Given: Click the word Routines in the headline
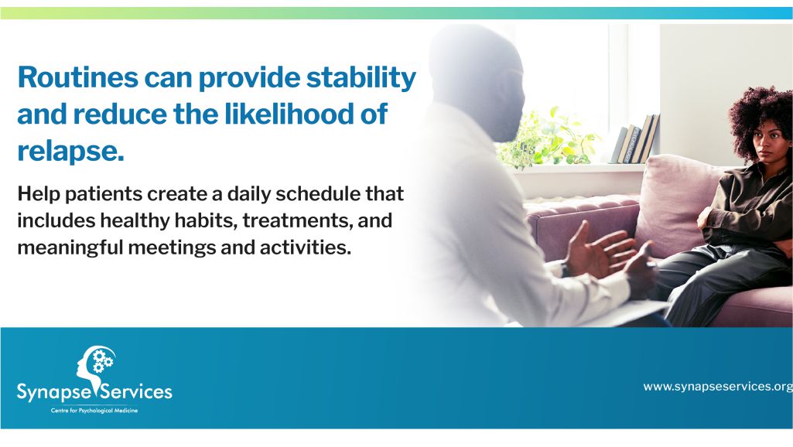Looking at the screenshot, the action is [x=78, y=77].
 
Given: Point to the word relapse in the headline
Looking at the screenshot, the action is [x=70, y=152].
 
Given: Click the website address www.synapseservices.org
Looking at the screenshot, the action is [x=718, y=387].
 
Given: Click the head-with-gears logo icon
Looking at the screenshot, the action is [x=96, y=364].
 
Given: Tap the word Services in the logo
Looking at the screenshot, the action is [x=136, y=392].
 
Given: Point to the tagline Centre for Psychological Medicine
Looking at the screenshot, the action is [x=94, y=411].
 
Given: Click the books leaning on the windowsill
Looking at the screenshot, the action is [x=634, y=139].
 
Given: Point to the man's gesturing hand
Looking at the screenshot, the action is [x=600, y=251].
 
